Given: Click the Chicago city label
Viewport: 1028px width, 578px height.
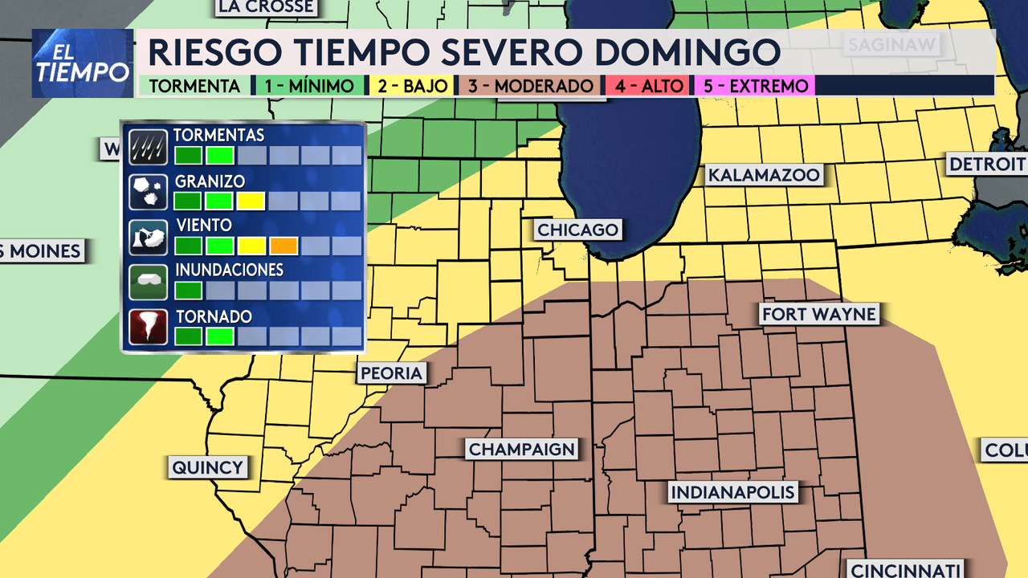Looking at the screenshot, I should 578,230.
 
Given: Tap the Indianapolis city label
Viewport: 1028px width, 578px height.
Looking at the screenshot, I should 732,492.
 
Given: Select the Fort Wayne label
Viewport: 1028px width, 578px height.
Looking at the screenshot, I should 818,314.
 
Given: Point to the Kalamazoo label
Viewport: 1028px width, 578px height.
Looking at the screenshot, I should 763,175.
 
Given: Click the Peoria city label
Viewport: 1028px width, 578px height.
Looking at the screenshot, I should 391,373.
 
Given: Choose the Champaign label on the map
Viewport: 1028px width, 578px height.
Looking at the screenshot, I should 522,450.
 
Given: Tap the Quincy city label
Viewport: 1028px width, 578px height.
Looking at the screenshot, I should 207,467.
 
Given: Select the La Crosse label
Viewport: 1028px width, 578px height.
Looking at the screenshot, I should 265,7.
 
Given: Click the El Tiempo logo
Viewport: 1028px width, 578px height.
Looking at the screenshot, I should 83,63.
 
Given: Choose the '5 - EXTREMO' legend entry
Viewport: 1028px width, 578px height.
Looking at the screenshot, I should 754,86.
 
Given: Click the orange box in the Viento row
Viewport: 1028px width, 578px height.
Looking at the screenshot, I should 284,246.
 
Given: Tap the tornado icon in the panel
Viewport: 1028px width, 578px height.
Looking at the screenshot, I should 148,327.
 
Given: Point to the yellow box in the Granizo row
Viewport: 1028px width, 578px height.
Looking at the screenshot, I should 251,201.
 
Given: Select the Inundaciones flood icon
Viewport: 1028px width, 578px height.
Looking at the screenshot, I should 148,281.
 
